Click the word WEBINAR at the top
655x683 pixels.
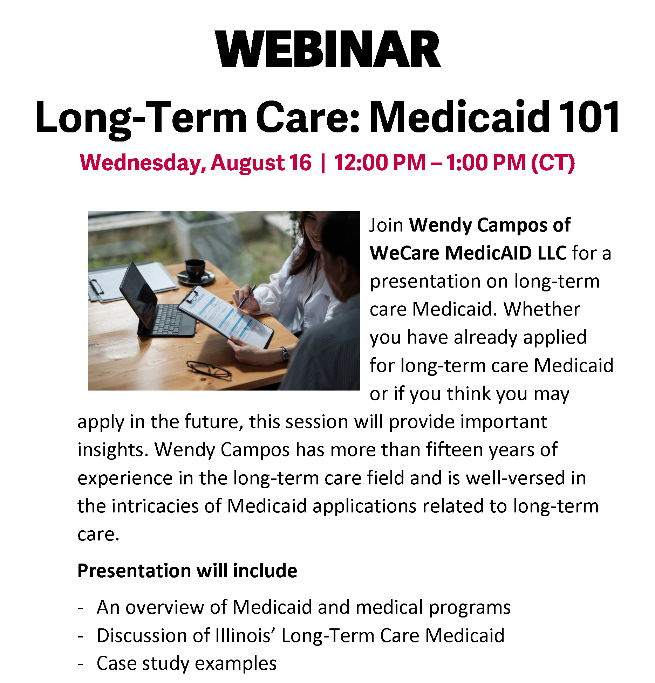(328, 49)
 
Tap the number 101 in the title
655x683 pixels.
(589, 117)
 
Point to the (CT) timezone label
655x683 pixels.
(553, 163)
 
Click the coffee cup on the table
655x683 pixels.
(196, 270)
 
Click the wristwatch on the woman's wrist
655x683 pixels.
(285, 354)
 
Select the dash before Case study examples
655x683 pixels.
(81, 664)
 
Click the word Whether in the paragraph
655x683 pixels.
(542, 309)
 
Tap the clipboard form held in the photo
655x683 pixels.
(226, 317)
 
